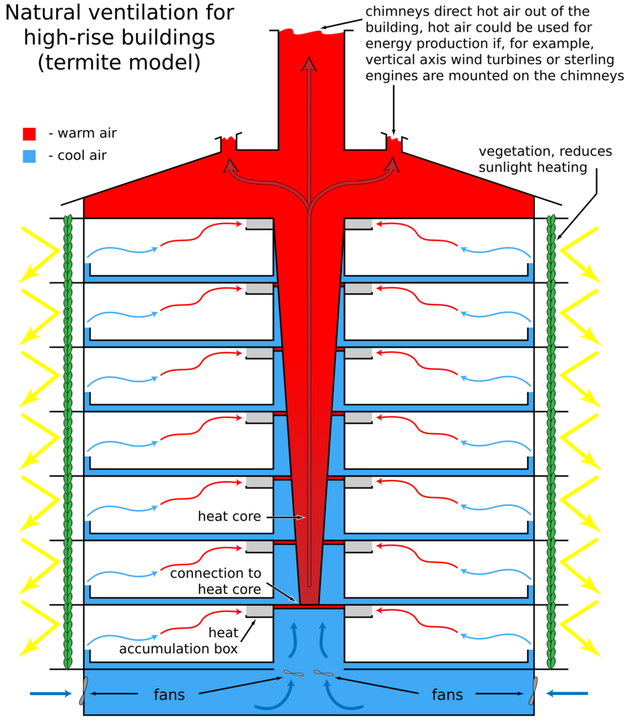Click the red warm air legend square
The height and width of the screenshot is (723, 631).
[x=29, y=134]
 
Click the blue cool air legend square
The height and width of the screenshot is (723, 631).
[x=29, y=156]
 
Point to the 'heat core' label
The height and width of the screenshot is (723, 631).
[x=229, y=516]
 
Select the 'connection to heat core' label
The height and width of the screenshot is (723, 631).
[x=216, y=581]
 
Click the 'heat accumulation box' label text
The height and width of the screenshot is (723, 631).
[x=178, y=641]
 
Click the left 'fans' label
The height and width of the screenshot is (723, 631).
[x=169, y=694]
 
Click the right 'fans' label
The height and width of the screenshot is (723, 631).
[x=447, y=694]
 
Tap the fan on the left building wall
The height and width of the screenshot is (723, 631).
[x=84, y=691]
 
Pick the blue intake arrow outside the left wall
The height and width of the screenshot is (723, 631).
[x=51, y=694]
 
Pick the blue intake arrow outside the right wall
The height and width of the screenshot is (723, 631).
[x=567, y=693]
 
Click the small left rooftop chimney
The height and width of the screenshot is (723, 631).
[x=228, y=143]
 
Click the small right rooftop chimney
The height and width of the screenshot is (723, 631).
[x=394, y=143]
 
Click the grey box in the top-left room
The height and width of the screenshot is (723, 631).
[x=259, y=224]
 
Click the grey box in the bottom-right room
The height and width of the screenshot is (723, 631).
[x=358, y=611]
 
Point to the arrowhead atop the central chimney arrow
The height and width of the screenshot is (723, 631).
[x=309, y=64]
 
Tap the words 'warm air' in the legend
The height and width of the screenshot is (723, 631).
[x=87, y=133]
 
